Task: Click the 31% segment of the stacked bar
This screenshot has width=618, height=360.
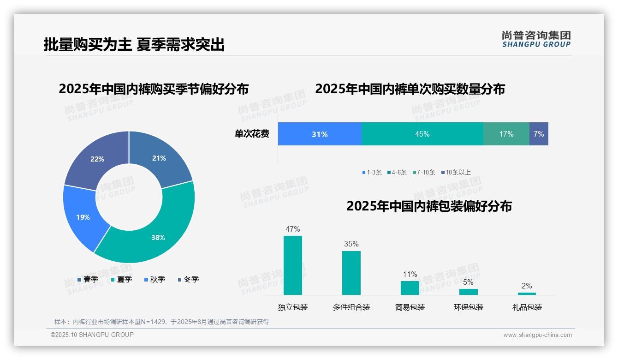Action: click(320, 134)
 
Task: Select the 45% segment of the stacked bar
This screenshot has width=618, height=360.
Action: click(422, 134)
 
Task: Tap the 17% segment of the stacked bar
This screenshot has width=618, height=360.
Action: click(506, 134)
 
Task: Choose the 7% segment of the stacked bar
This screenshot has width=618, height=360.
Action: click(539, 134)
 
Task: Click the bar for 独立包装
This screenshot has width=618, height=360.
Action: click(293, 265)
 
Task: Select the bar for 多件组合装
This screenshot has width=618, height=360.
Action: click(351, 273)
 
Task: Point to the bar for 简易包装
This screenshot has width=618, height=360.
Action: click(410, 288)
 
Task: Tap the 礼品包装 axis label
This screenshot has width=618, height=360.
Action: click(527, 307)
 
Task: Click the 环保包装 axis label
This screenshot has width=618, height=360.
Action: click(469, 307)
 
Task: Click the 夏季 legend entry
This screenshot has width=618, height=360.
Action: click(122, 280)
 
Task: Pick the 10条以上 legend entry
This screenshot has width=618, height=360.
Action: click(456, 173)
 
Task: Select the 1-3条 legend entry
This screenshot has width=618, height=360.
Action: click(372, 173)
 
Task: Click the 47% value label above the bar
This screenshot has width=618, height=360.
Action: click(292, 229)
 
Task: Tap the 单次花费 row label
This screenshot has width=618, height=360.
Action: click(252, 134)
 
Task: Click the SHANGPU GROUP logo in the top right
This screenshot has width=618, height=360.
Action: click(536, 39)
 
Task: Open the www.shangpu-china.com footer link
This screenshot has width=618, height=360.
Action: click(537, 335)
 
